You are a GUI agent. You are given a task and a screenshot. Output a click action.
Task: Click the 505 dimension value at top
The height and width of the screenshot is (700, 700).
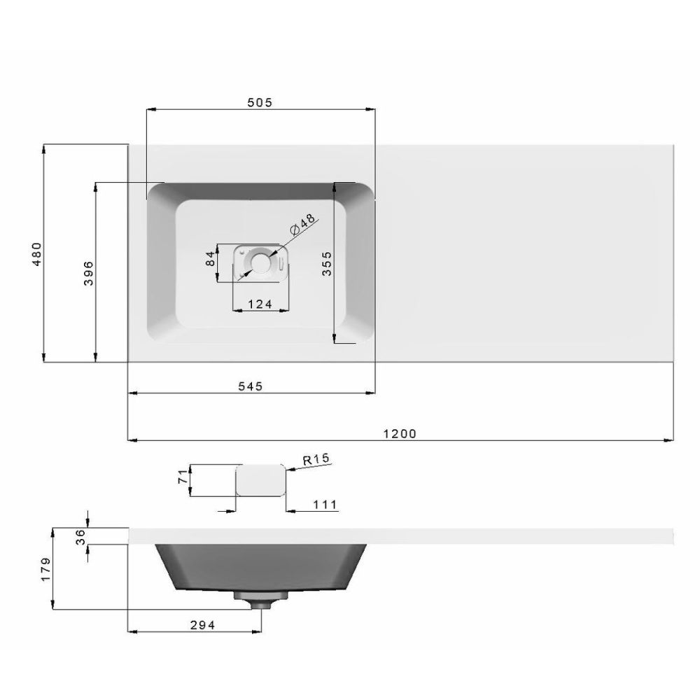[x=259, y=101]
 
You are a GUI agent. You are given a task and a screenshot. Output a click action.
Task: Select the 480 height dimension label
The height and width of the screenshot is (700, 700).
[x=38, y=253]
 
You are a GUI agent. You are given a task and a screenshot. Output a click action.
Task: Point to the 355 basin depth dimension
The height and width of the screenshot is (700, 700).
[x=326, y=264]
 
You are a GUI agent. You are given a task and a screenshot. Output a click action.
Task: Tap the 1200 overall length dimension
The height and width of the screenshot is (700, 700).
[x=400, y=433]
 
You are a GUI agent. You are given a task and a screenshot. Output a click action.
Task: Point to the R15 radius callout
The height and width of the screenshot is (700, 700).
[x=316, y=460]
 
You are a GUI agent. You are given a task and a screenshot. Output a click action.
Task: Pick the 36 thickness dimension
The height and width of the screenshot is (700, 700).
[x=80, y=535]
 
